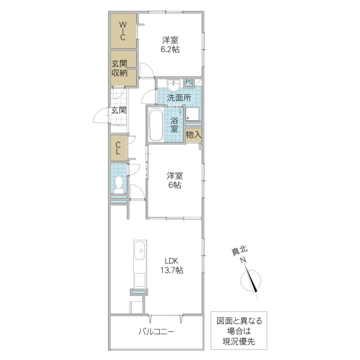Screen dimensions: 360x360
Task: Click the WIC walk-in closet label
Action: click(122, 31)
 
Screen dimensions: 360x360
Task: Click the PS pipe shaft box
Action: click(189, 83)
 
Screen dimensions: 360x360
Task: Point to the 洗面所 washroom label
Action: click(179, 98)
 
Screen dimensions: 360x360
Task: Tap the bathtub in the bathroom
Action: click(157, 125)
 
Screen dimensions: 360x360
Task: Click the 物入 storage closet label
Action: click(193, 136)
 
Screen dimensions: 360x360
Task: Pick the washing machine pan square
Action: click(192, 114)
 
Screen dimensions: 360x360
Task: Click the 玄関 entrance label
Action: click(118, 110)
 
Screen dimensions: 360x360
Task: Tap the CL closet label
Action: click(118, 148)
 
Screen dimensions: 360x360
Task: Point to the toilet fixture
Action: click(119, 183)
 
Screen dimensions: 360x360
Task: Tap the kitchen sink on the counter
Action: click(139, 250)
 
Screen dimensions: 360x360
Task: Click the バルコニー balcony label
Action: click(156, 331)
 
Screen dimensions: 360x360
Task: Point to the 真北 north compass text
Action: click(239, 253)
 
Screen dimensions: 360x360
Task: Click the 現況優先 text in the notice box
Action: click(239, 341)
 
